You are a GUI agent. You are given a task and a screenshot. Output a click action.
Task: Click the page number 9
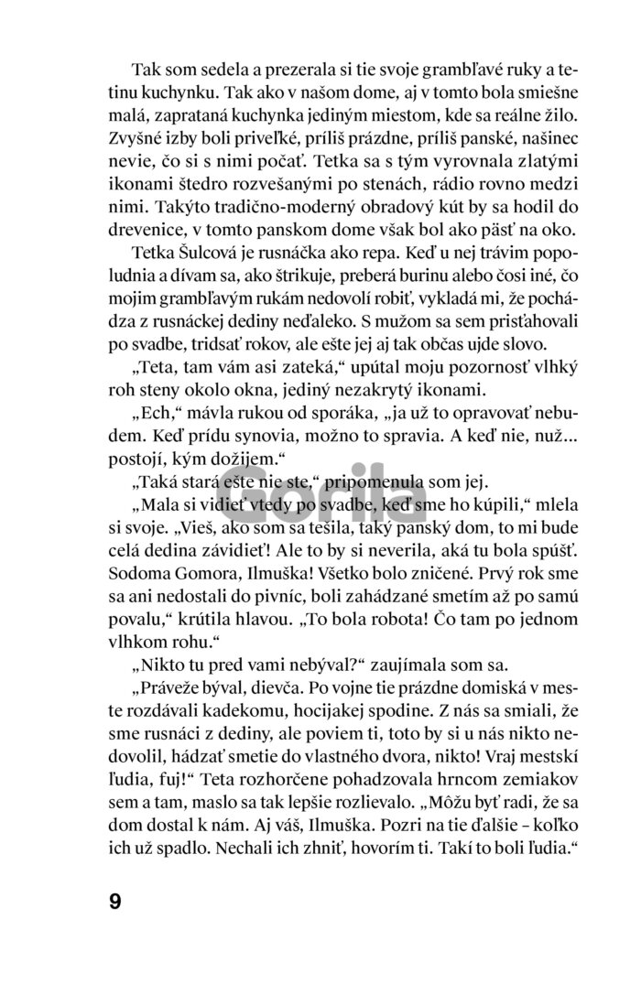[x=114, y=901]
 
